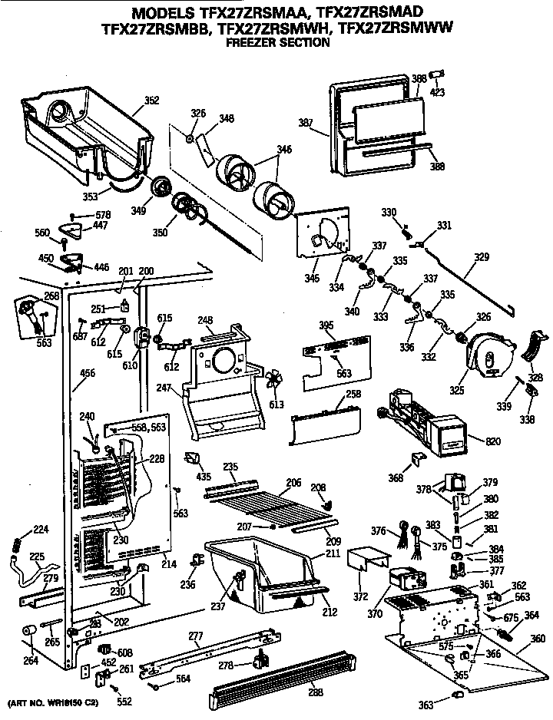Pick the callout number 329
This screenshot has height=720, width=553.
coord(481,257)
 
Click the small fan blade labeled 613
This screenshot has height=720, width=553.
coord(273,381)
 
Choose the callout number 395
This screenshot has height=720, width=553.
coord(326,326)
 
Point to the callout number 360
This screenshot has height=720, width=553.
coord(538,638)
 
